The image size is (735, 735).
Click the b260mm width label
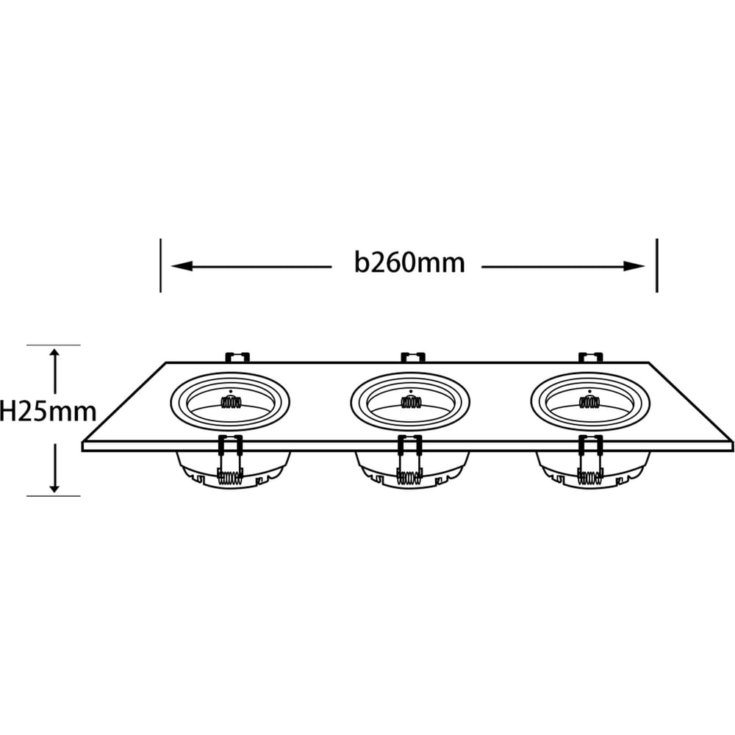tap(409, 263)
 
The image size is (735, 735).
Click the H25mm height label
tap(48, 411)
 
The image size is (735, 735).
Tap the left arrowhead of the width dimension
tap(182, 266)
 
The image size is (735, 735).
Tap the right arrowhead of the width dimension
tap(634, 267)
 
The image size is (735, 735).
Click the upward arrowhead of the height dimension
tap(55, 354)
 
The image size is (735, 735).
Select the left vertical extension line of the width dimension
tap(161, 265)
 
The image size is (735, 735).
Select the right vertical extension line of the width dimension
tap(657, 265)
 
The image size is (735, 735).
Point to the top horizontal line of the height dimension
tap(54, 345)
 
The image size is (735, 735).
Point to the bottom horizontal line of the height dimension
tap(54, 495)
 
